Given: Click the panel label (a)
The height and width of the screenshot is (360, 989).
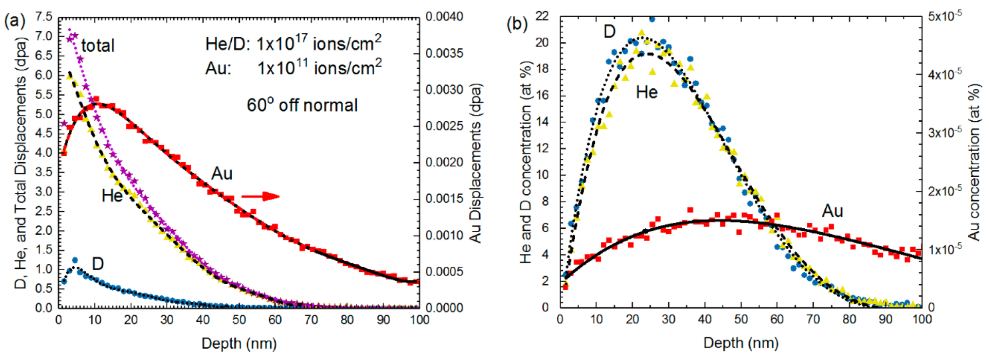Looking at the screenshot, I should (x=15, y=21).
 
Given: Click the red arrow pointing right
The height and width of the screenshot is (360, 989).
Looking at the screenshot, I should (x=260, y=196).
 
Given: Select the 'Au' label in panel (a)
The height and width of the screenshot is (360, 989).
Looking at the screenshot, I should (x=222, y=173).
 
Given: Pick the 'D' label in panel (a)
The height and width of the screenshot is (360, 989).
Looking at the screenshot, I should (x=98, y=264).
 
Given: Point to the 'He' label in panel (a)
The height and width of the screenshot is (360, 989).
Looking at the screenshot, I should (x=112, y=195).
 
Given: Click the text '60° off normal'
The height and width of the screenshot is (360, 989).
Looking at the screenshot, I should (x=302, y=105).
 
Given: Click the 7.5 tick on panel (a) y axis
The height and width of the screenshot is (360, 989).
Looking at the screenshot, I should (x=44, y=17).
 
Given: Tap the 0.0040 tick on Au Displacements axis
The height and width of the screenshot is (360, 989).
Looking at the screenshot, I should (x=444, y=17).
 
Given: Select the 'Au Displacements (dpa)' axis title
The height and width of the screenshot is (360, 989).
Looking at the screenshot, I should (x=476, y=163).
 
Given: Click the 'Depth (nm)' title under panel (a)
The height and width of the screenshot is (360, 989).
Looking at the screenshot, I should (x=239, y=344).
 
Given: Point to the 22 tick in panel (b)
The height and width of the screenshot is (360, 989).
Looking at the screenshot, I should (x=542, y=17).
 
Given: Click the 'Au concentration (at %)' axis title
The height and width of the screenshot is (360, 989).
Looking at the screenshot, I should (x=974, y=162).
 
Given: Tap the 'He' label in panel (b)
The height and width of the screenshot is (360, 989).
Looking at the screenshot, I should (x=646, y=92).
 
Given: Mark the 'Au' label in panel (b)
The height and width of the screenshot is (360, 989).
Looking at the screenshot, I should (x=832, y=211).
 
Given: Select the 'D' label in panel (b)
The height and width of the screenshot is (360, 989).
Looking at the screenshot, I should (x=609, y=31).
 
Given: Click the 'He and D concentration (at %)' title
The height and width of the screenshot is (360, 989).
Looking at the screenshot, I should (x=526, y=162).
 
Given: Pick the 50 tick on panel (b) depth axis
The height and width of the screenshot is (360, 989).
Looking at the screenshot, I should (x=741, y=320).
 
